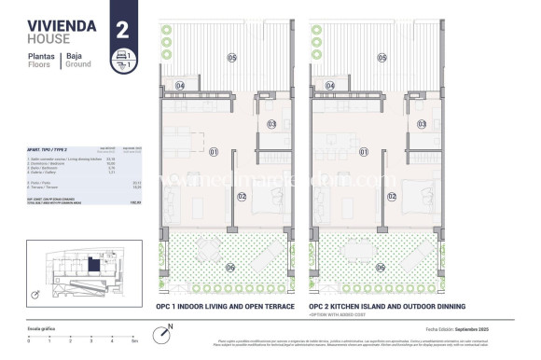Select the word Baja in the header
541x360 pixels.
[74, 56]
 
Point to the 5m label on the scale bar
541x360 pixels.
[136, 341]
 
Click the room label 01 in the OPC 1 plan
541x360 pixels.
[213, 151]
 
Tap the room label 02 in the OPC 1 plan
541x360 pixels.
[242, 196]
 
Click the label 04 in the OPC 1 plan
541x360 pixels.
[181, 86]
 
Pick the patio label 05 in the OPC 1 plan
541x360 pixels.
[230, 58]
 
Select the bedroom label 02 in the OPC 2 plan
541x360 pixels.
[393, 196]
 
